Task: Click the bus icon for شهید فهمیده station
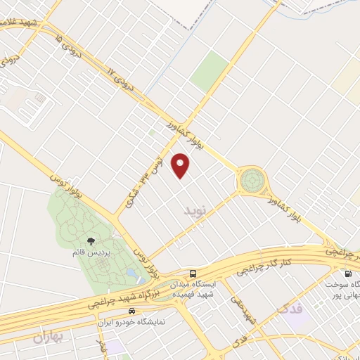(193, 274)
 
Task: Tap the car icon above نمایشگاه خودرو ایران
(132, 310)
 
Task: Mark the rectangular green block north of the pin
(210, 70)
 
